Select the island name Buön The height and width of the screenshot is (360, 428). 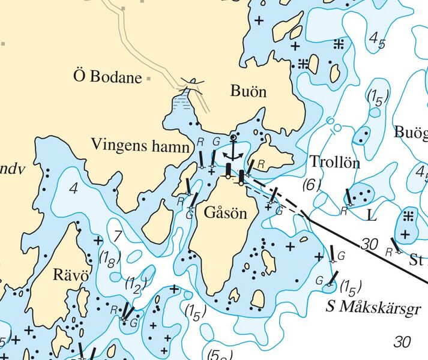(x=248, y=92)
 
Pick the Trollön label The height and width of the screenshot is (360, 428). (x=334, y=162)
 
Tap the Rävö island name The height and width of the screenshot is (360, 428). (x=71, y=276)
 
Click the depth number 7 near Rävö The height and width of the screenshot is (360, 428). (x=118, y=235)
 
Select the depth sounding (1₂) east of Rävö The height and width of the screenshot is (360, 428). (x=136, y=286)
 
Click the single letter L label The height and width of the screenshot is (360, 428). (x=372, y=214)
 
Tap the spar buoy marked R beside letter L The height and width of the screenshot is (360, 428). (x=349, y=197)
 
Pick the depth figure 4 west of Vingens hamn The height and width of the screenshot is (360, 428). (x=74, y=188)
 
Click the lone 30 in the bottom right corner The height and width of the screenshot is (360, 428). (x=402, y=342)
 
